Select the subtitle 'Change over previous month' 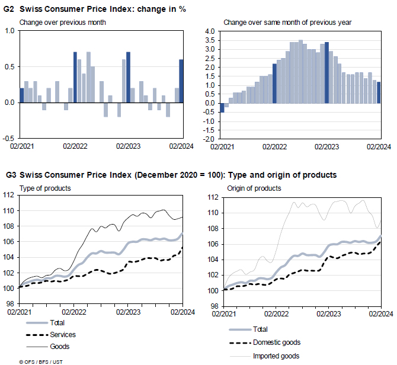pos(63,23)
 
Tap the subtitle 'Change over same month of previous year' pos(287,23)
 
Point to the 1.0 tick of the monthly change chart pos(9,31)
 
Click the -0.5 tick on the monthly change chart pos(8,139)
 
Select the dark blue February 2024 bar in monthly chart pos(181,81)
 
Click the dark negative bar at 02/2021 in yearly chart pos(222,107)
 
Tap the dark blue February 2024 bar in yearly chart pos(379,92)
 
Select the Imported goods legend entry pos(276,356)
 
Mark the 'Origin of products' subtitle pos(254,188)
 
